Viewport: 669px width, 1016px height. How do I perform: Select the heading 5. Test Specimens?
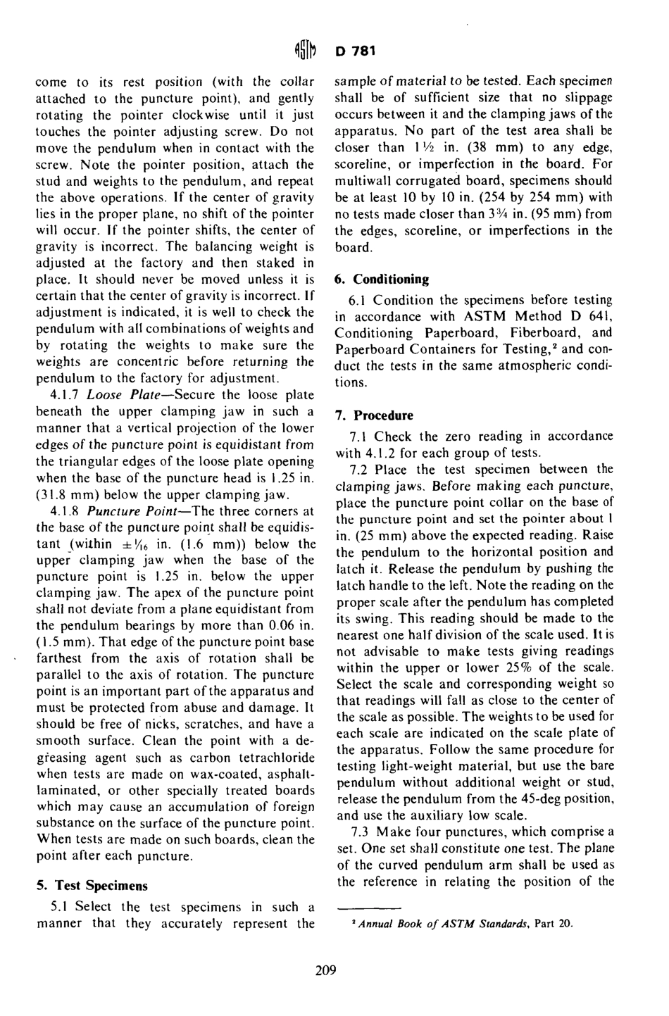92,886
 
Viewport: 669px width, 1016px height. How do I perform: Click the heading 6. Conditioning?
381,279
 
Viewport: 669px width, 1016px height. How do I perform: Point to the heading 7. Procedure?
373,415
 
